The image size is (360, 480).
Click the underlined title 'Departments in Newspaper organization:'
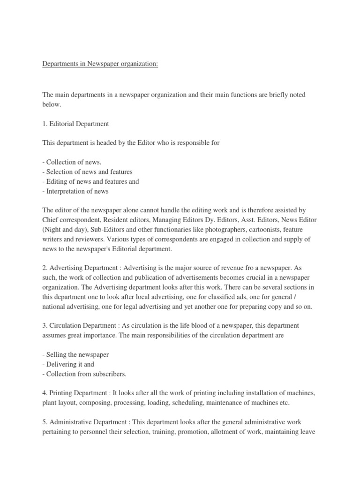point(100,64)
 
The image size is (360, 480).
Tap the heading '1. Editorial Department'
point(75,124)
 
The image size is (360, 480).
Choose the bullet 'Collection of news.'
point(72,162)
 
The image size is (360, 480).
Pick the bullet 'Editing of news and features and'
point(90,181)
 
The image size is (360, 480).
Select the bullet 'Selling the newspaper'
point(75,355)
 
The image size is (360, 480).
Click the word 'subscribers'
point(109,374)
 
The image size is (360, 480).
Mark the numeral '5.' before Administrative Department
point(45,422)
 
